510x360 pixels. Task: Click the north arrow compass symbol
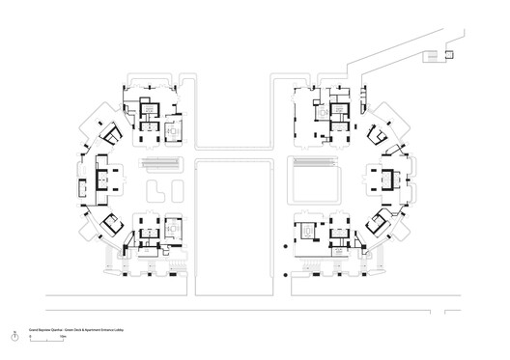coord(14,337)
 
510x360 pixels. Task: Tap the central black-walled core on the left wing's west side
coord(105,177)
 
